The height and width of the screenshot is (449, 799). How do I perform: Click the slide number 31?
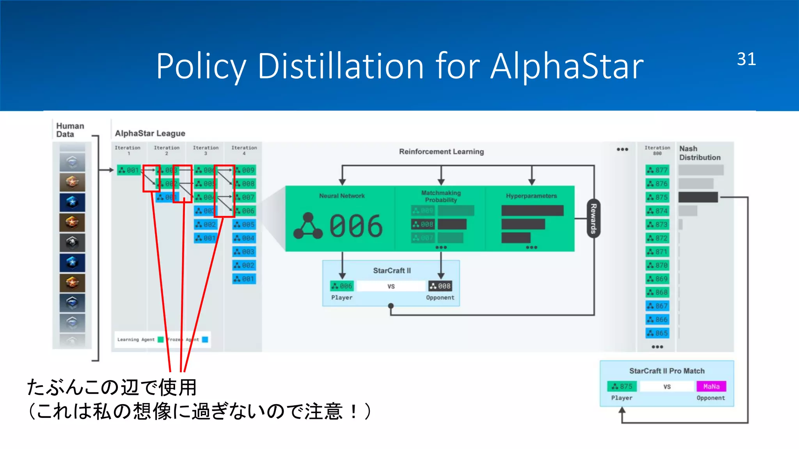coord(746,59)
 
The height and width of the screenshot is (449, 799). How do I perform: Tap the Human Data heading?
coord(70,130)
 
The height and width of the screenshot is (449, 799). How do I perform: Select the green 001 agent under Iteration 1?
coord(129,170)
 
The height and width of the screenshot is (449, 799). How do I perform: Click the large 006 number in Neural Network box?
coord(355,226)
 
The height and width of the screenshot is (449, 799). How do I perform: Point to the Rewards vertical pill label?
coord(593,218)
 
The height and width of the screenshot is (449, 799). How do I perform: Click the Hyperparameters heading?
coord(531,196)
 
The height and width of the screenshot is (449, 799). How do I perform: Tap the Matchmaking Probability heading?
coord(441,196)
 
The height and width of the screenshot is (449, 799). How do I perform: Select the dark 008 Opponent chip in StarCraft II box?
coord(440,286)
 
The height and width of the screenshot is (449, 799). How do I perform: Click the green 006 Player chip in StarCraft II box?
coord(342,286)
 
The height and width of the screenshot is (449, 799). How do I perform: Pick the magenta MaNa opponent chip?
coord(711,386)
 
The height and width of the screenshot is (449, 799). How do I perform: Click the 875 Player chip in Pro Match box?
coord(622,386)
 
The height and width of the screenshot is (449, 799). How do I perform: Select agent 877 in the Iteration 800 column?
coord(657,170)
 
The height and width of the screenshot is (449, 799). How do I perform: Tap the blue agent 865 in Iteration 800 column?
coord(657,333)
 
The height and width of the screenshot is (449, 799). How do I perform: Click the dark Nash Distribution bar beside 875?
coord(698,197)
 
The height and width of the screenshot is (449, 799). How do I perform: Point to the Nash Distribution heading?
coord(700,153)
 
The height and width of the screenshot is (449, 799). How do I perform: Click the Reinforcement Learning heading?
coord(441,152)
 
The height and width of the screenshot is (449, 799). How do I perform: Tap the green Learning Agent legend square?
coord(160,339)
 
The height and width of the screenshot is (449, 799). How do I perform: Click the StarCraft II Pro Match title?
coord(667,371)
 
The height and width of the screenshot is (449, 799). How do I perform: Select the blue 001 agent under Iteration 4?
coord(244,279)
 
